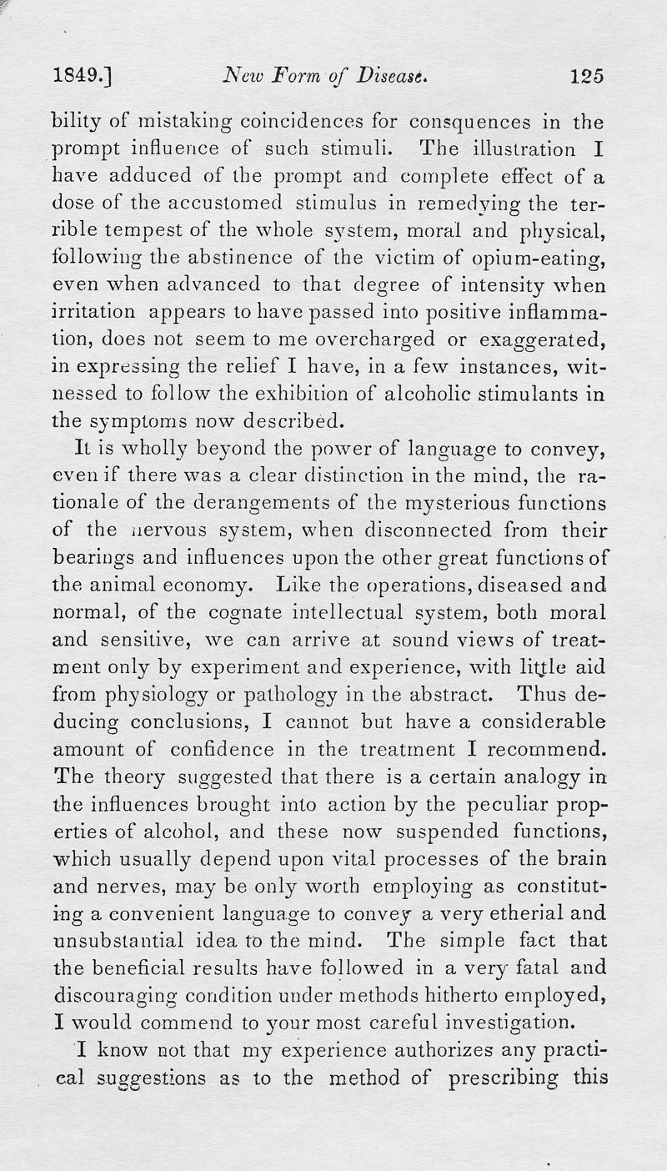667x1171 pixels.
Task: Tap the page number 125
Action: coord(586,77)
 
